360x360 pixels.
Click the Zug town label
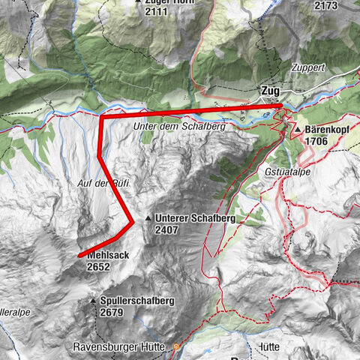click(x=271, y=91)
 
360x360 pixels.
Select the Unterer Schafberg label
click(x=196, y=218)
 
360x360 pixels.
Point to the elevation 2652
click(x=99, y=265)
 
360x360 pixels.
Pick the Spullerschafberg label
click(x=136, y=301)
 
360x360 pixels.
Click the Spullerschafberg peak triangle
click(x=93, y=301)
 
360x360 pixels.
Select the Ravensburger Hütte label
click(x=121, y=347)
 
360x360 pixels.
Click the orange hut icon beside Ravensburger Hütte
click(x=176, y=347)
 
